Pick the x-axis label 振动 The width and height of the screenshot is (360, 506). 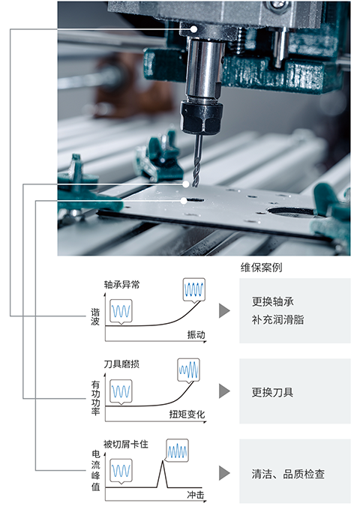click(196, 334)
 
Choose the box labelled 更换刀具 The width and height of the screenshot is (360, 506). click(295, 392)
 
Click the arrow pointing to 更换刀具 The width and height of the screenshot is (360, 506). click(223, 391)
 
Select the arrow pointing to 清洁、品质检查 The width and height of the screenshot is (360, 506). click(223, 473)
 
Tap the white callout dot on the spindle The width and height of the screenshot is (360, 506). click(194, 28)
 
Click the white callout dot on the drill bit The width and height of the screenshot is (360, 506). click(186, 184)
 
